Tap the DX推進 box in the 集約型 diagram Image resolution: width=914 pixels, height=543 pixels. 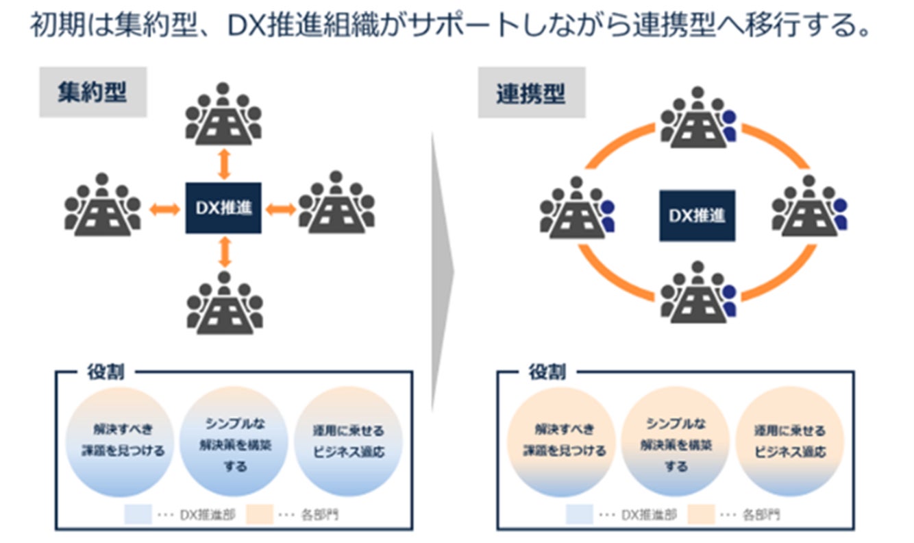[223, 208]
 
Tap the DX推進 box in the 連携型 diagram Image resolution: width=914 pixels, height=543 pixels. [697, 215]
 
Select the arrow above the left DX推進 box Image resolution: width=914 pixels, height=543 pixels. [223, 165]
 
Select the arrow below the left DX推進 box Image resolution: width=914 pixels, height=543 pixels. [223, 251]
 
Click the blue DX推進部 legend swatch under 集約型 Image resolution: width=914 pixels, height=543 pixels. [138, 514]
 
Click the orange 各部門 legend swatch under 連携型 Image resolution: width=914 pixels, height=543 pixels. [701, 514]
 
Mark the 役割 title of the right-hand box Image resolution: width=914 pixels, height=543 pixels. [547, 372]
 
